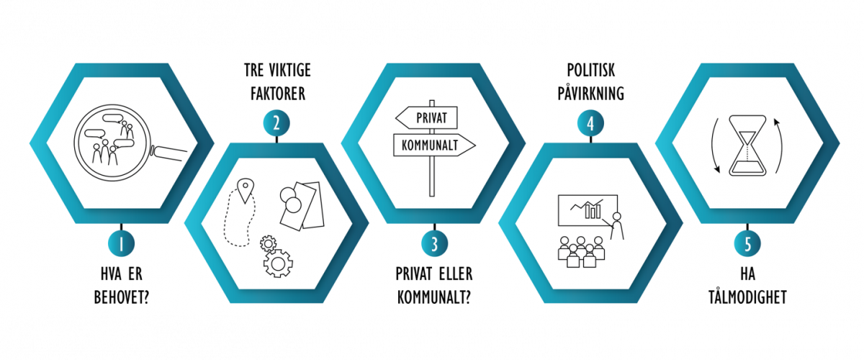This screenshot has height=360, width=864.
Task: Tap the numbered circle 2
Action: pyautogui.click(x=276, y=123)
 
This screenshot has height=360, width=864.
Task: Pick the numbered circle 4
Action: pyautogui.click(x=590, y=123)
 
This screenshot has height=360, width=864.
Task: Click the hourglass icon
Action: pyautogui.click(x=747, y=148)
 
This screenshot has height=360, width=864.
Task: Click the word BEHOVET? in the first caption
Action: pyautogui.click(x=120, y=297)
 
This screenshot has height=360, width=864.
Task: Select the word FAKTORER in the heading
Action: pyautogui.click(x=276, y=94)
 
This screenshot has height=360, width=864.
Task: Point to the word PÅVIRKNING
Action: pyautogui.click(x=590, y=94)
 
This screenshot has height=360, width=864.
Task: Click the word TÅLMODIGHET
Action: pyautogui.click(x=747, y=297)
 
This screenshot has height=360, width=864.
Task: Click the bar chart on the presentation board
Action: pyautogui.click(x=593, y=210)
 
